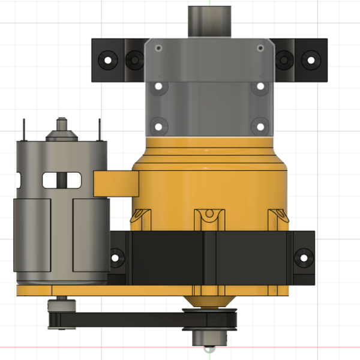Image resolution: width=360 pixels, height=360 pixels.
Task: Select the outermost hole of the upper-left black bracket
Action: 109,61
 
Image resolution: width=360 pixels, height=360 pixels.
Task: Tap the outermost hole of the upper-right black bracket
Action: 309,59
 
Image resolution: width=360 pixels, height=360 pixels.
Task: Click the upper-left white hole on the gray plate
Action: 158,87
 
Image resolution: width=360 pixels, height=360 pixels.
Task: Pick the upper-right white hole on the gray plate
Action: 259,87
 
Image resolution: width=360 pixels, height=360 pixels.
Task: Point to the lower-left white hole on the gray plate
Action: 158,126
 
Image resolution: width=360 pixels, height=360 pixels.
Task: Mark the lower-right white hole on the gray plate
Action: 259,126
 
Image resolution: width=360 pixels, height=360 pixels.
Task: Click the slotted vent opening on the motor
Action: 61,179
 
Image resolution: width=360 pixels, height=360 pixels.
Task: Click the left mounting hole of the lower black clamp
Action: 116,256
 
